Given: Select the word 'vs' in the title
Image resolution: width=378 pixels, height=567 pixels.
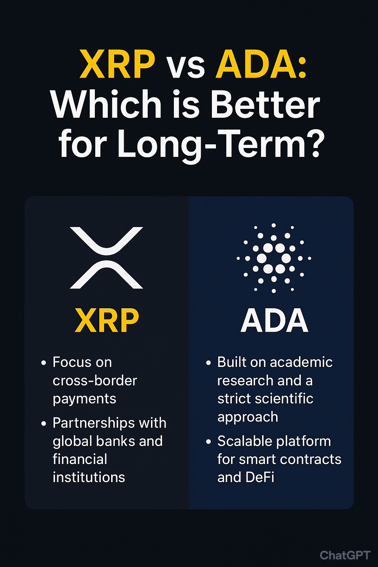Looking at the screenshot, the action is tap(186, 67).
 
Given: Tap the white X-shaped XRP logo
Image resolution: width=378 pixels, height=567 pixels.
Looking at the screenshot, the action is tap(106, 258).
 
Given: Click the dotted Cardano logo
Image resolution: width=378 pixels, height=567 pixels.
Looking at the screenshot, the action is tap(274, 258).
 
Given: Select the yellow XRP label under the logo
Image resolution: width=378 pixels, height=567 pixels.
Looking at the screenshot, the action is tap(107, 320).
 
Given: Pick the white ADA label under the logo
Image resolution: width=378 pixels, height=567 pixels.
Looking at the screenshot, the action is tap(274, 320).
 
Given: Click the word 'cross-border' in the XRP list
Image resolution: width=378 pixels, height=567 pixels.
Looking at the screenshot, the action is tap(95, 380).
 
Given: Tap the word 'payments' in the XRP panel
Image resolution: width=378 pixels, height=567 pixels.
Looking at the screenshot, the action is tap(84, 399).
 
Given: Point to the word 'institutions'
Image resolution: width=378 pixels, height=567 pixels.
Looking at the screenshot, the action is tap(89, 477).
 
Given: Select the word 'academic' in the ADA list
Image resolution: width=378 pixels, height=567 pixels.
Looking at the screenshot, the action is tap(301, 362).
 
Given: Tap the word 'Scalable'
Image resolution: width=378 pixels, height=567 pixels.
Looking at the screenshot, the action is tap(245, 441).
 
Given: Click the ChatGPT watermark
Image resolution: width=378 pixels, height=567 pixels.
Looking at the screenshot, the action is tap(345, 555).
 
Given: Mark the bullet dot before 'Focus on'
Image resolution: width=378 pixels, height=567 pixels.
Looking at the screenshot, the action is tap(44, 363).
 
